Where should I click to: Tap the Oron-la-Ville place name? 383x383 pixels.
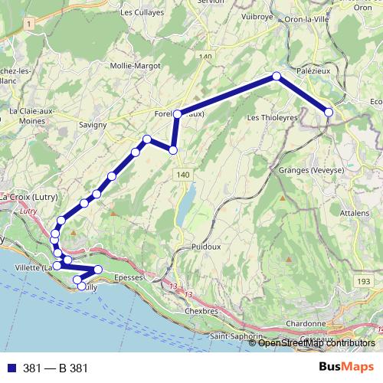click(309, 18)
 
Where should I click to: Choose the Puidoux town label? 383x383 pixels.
click(206, 247)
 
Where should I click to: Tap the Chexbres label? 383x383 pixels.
click(202, 312)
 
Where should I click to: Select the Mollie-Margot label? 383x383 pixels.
click(136, 66)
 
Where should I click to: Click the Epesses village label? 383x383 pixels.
click(128, 277)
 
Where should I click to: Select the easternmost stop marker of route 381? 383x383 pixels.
click(329, 113)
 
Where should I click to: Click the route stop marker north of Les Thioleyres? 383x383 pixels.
click(277, 77)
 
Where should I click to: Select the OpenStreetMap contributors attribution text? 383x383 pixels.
click(316, 343)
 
